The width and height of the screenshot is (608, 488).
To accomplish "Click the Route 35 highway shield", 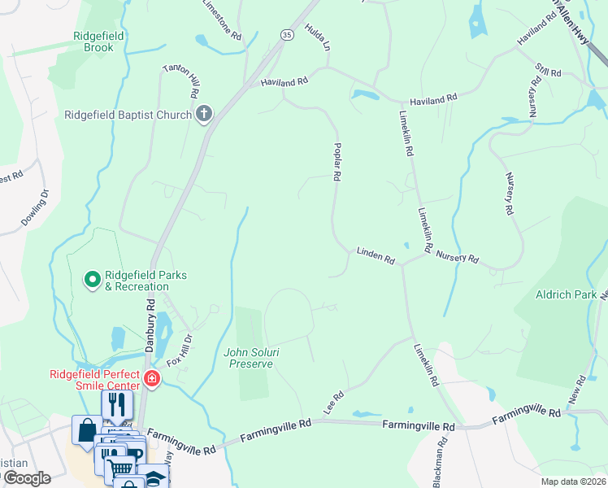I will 287,35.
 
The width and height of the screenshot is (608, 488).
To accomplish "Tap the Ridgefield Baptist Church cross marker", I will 203,115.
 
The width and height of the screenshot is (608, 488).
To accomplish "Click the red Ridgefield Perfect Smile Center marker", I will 151,377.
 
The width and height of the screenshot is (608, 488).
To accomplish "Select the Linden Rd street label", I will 376,255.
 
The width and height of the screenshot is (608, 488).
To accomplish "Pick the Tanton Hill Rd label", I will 181,82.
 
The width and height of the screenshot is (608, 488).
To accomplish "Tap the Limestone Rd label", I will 222,20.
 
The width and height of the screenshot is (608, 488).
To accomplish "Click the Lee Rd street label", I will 334,403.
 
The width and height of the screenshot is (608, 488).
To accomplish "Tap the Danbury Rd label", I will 150,325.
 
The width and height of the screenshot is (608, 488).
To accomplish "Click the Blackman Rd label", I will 439,464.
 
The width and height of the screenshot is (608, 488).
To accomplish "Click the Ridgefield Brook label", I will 99,41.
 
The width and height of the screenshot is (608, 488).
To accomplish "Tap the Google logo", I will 26,478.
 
